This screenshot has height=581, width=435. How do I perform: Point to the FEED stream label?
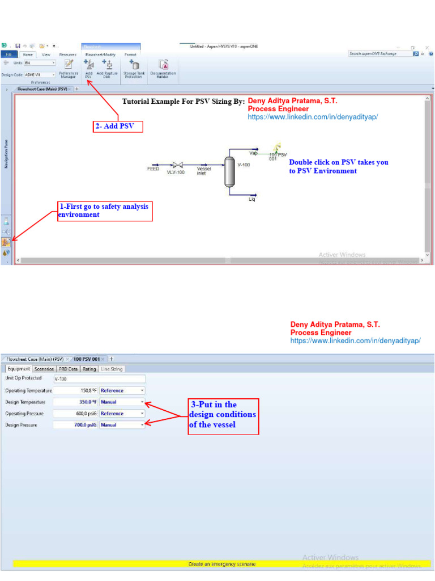click(x=153, y=169)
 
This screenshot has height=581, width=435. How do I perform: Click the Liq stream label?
click(x=252, y=199)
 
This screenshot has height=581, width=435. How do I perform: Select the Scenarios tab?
click(x=44, y=369)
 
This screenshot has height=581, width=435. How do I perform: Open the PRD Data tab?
click(x=69, y=369)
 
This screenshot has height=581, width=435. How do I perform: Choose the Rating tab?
click(x=89, y=369)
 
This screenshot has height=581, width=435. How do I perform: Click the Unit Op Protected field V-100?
click(x=99, y=379)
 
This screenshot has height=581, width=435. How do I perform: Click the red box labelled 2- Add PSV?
click(x=118, y=127)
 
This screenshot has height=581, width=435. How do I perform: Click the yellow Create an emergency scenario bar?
click(x=221, y=564)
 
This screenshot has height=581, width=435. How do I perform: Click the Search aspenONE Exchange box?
click(x=379, y=54)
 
